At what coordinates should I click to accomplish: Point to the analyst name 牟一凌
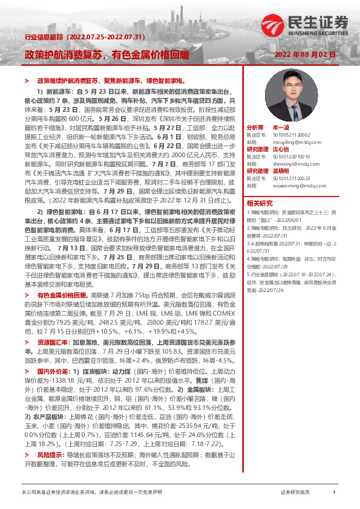282,129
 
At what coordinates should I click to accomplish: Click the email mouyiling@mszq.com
293,141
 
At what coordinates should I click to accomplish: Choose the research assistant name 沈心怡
282,149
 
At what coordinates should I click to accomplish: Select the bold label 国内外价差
54,370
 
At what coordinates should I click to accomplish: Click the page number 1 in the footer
334,493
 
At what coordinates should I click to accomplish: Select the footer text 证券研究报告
295,493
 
